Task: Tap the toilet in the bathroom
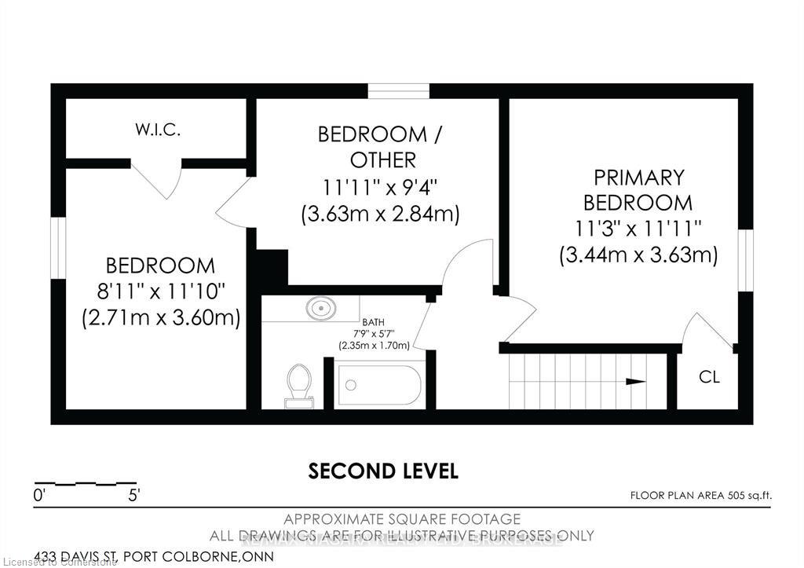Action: (x=299, y=386)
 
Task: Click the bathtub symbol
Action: (x=380, y=385)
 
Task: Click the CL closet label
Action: (x=709, y=377)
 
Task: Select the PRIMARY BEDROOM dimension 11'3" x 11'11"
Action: (x=638, y=229)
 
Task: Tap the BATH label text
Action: (x=373, y=322)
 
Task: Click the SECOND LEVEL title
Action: (x=383, y=471)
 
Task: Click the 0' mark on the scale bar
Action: (x=38, y=496)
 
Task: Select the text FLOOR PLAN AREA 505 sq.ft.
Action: (x=701, y=495)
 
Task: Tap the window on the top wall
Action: (x=399, y=90)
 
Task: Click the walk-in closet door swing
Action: (x=156, y=181)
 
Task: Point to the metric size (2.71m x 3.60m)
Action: (x=161, y=317)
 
